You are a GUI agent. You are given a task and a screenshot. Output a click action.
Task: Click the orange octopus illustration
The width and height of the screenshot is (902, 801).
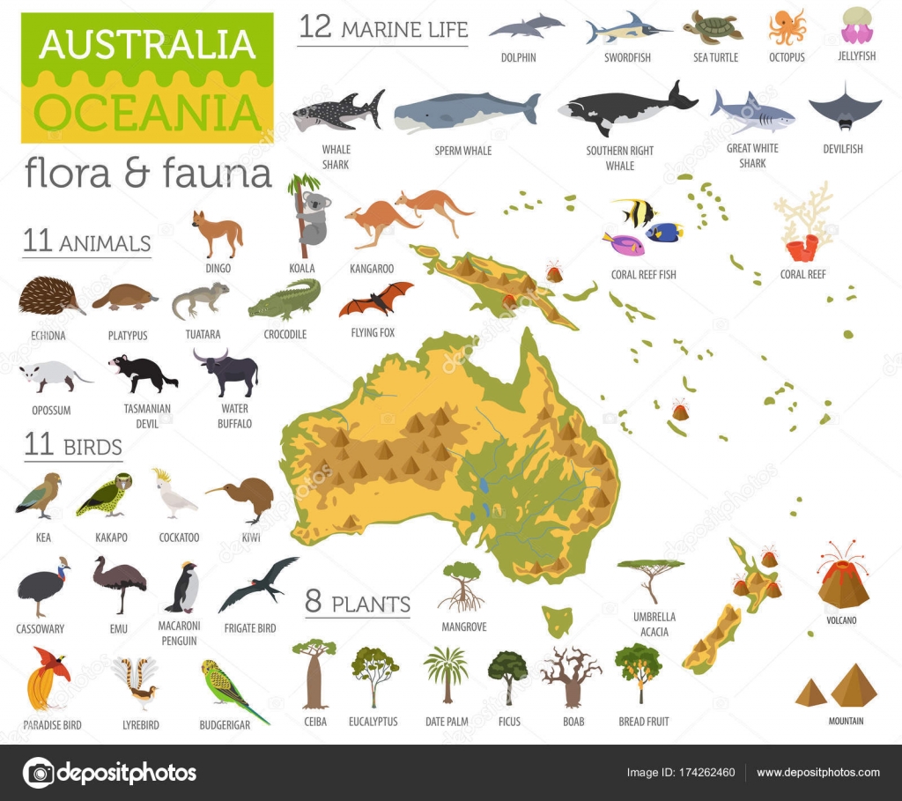pos(787,27)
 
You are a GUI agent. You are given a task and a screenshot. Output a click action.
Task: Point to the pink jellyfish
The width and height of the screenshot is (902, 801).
pos(856,26)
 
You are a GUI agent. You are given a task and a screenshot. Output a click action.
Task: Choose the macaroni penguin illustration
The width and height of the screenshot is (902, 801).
pos(186,588)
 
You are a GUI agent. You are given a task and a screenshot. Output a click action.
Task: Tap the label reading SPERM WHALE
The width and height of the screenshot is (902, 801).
pos(463,151)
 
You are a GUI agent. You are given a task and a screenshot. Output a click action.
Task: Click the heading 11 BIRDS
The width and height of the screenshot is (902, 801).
pos(73,446)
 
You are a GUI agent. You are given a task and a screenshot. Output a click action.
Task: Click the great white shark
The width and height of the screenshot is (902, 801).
pos(752,112)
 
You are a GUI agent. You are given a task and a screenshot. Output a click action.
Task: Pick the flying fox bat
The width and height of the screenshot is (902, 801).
pos(375,300)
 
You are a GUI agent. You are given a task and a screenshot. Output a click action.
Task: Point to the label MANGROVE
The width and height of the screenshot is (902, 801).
pos(463,627)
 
